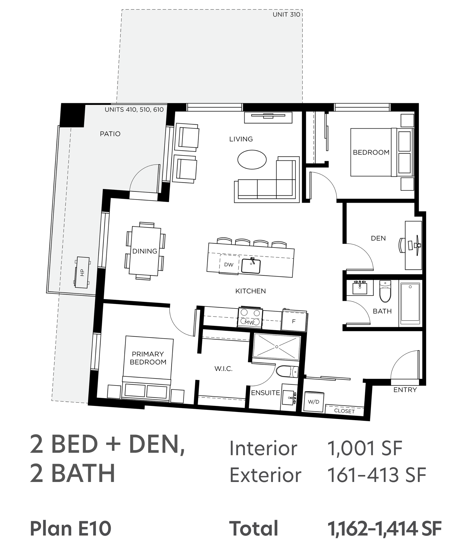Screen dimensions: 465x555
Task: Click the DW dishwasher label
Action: (x=229, y=265)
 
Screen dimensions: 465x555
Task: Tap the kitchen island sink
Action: (x=251, y=266)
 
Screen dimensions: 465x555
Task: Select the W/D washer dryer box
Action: (x=313, y=402)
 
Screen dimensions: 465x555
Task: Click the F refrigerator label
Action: (x=294, y=321)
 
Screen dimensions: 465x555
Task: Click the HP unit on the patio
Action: (x=82, y=272)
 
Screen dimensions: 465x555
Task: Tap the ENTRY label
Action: (x=405, y=390)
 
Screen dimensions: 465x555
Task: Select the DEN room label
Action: (x=378, y=238)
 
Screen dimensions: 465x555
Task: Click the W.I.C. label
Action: (x=223, y=369)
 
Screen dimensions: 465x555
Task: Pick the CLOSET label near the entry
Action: (x=344, y=411)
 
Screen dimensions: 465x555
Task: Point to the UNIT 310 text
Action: (x=286, y=15)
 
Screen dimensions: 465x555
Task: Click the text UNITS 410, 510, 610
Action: (x=134, y=110)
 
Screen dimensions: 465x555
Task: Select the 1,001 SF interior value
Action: (x=365, y=448)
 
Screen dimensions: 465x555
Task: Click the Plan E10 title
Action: (x=71, y=529)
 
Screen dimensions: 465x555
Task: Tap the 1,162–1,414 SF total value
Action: (x=384, y=529)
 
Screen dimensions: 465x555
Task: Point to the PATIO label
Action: (x=110, y=134)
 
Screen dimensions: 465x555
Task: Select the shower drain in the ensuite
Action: (x=277, y=347)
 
